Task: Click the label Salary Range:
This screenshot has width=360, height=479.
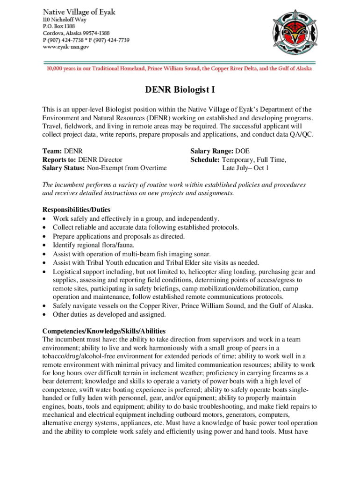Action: [212, 151]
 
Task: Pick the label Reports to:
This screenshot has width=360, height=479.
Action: [59, 160]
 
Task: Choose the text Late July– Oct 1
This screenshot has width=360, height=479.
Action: [245, 168]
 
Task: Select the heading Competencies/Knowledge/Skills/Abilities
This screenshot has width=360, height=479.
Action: [104, 331]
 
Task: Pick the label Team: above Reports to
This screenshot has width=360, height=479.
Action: [52, 151]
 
